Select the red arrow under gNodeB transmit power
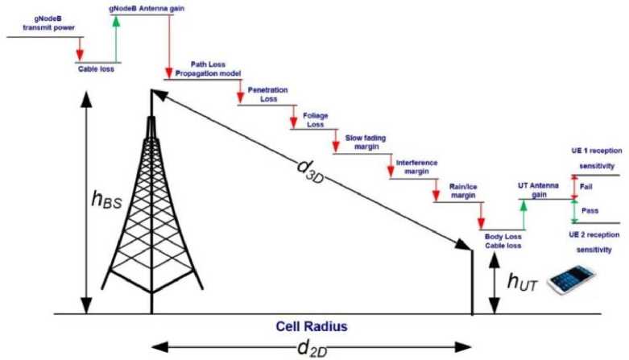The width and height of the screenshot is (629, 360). (x=79, y=48)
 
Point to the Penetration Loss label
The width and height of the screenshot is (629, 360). (x=267, y=93)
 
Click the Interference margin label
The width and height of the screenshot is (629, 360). (x=417, y=167)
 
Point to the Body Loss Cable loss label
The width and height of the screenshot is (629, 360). (x=504, y=241)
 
